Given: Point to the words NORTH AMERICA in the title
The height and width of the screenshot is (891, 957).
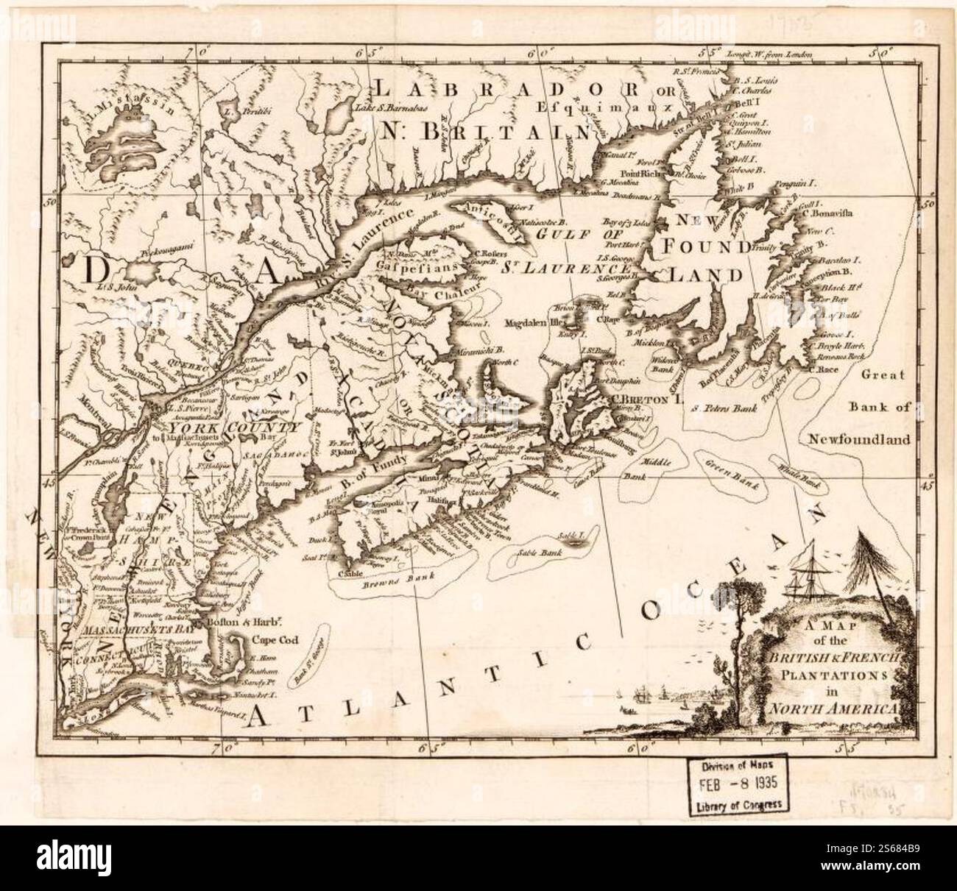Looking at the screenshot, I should (832, 709).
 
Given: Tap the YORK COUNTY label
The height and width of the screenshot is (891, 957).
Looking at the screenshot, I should (234, 427).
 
